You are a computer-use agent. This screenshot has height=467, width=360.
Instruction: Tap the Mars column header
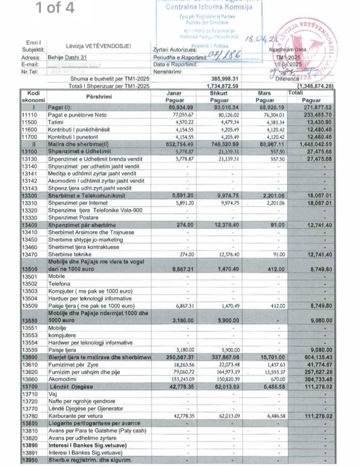tap(265, 93)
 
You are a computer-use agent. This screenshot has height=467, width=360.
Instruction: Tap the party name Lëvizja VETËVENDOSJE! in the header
tap(99, 46)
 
